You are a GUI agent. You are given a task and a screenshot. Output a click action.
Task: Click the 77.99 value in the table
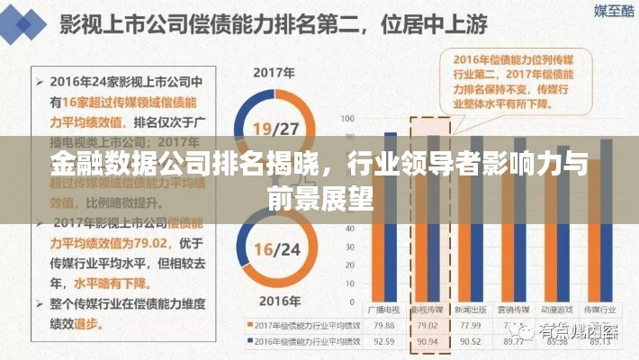coord(470,325)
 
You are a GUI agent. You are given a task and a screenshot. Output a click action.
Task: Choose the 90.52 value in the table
coord(470,342)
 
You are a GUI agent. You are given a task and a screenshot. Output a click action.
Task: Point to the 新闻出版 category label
coord(470,309)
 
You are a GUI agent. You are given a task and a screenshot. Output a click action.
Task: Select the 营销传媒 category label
coord(513,309)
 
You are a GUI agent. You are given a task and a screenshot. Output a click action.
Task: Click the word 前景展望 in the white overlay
coord(319,195)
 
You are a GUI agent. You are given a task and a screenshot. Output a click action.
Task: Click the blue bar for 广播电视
coord(390,216)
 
